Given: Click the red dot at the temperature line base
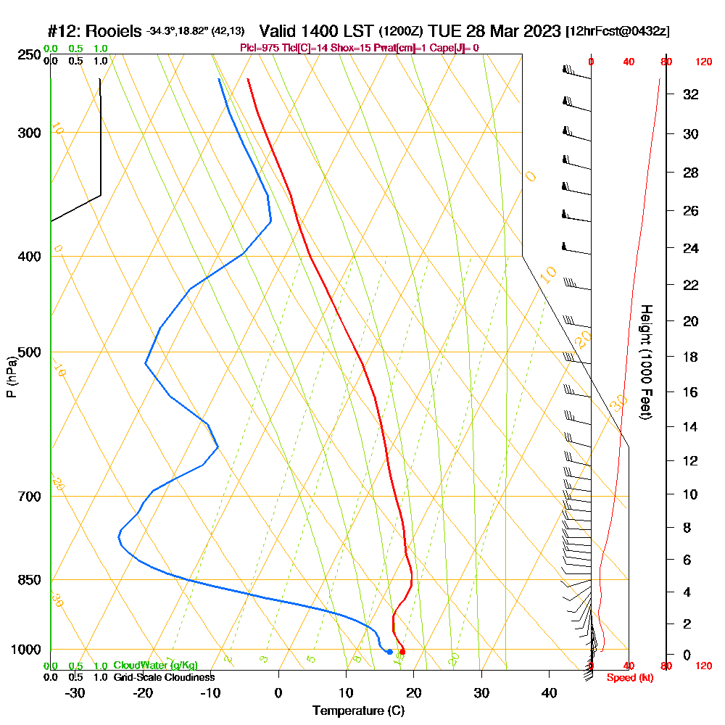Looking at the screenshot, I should pyautogui.click(x=402, y=652).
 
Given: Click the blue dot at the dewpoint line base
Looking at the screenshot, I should pyautogui.click(x=389, y=652).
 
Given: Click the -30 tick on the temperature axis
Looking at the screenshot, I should pyautogui.click(x=75, y=693).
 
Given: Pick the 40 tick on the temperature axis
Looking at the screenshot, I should pyautogui.click(x=549, y=693).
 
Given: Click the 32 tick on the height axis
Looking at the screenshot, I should pyautogui.click(x=691, y=94).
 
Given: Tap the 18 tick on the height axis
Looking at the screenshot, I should pyautogui.click(x=691, y=357).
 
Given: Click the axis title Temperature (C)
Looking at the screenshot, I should pyautogui.click(x=358, y=711).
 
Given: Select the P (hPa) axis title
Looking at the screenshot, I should pyautogui.click(x=11, y=376).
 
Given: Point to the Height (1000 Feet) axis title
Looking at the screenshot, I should pyautogui.click(x=645, y=362).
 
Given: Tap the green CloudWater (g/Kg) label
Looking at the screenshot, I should pyautogui.click(x=155, y=666).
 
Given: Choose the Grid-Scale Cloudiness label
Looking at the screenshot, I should pyautogui.click(x=164, y=677).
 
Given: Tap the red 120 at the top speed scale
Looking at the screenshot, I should pyautogui.click(x=703, y=62).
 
